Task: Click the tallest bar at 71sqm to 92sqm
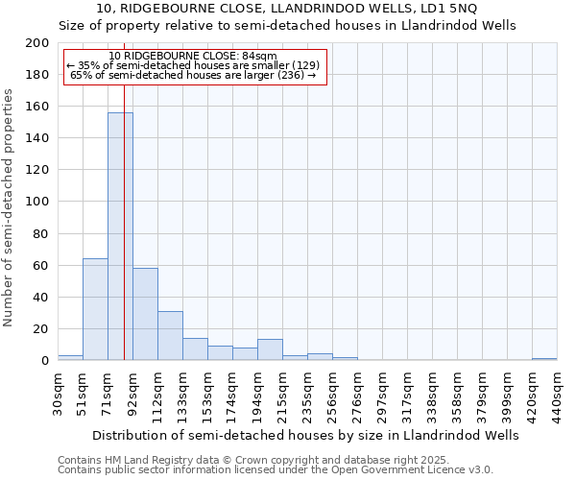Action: [x=120, y=236]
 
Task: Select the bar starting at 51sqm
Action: [x=95, y=309]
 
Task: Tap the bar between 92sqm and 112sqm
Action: [x=145, y=314]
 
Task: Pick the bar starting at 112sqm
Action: [x=170, y=336]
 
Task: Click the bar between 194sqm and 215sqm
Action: [x=270, y=349]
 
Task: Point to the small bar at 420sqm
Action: [x=544, y=359]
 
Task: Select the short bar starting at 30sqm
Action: [x=70, y=357]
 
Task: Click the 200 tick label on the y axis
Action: [x=37, y=43]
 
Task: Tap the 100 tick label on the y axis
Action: [x=37, y=202]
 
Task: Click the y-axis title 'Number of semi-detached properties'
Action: [x=10, y=207]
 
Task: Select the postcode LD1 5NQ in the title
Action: [x=462, y=9]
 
